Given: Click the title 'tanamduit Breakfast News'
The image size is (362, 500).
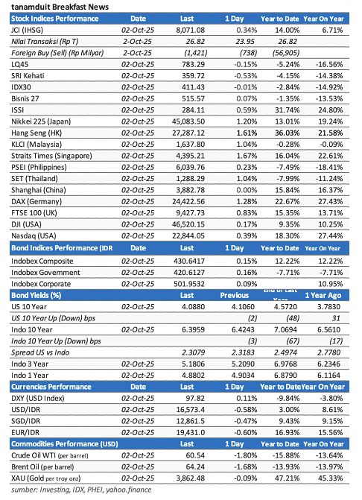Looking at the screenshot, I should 60,7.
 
